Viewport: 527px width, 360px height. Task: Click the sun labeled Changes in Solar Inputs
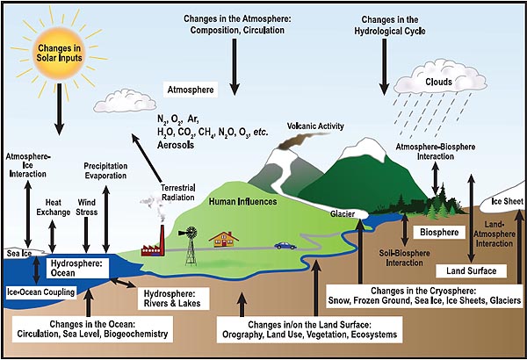pos(59,53)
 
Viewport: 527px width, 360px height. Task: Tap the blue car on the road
pos(285,246)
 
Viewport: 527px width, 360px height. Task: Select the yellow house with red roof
pos(223,239)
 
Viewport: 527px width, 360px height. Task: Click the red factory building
pos(153,243)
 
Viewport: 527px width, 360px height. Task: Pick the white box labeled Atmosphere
pos(191,90)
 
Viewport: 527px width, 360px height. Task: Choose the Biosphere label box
pos(439,233)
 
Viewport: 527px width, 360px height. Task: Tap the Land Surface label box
pos(471,271)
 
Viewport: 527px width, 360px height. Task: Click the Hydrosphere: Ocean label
pos(76,268)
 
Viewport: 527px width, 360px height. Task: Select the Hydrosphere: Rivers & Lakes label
pos(173,299)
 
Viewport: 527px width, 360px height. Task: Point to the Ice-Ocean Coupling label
pos(41,292)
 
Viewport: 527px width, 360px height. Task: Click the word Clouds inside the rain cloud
pos(438,82)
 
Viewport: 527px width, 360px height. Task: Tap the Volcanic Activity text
pos(315,126)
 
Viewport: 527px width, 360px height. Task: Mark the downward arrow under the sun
pos(60,109)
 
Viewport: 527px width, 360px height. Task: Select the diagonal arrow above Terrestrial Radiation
pos(147,158)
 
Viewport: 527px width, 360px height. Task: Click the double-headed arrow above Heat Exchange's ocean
pos(53,236)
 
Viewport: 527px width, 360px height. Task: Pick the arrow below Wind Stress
pos(86,235)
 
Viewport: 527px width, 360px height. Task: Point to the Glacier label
pos(343,214)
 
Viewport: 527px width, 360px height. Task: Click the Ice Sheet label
pos(508,201)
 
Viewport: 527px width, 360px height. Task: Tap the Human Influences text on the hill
pos(242,202)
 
